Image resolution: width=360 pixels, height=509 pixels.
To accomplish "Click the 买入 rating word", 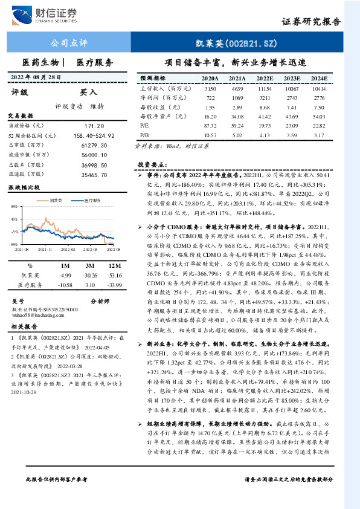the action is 89,92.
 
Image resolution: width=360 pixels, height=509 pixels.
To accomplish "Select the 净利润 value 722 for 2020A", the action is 210,97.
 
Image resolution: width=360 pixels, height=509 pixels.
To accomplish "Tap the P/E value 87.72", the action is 210,125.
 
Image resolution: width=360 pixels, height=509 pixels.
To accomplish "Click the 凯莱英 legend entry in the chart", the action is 57,199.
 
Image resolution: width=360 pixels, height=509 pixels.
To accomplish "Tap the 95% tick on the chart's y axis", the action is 14,206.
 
